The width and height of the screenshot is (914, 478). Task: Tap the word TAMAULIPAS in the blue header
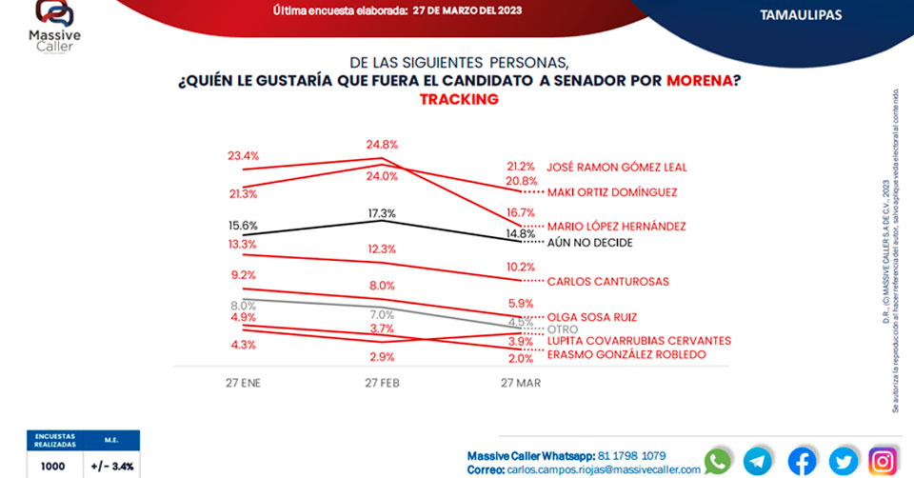coord(801,14)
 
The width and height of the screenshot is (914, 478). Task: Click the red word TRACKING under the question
coord(459,99)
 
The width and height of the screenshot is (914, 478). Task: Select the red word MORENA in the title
coord(699,81)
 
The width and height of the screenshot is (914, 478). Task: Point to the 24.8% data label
coord(381,145)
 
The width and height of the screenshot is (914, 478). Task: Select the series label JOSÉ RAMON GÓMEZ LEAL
coord(616,167)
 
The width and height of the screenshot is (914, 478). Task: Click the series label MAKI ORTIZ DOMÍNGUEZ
coord(611,191)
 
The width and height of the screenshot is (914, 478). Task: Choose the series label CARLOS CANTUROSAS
coord(607,282)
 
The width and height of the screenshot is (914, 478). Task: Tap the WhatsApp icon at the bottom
coord(718,461)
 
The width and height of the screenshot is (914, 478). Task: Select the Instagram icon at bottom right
coord(883,461)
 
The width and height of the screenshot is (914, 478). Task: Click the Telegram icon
coord(759,461)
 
